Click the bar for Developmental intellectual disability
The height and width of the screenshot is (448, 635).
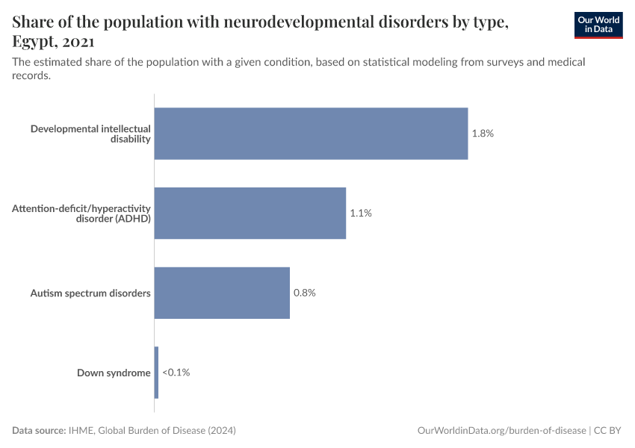[311, 134]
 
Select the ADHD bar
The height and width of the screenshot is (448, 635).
[250, 213]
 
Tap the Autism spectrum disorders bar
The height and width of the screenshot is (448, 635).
[222, 293]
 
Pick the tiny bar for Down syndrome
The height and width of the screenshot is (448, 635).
[156, 372]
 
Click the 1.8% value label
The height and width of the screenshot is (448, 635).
[483, 134]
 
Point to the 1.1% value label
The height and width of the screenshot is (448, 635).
[361, 213]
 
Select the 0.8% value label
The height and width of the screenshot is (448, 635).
[305, 293]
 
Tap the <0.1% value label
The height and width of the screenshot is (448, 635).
[176, 372]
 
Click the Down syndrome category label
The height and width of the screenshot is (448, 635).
[114, 373]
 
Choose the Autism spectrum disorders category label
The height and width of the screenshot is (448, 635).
[90, 293]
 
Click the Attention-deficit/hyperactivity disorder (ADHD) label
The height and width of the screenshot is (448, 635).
[81, 213]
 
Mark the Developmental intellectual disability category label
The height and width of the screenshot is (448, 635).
[90, 134]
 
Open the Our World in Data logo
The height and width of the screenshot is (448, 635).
[598, 25]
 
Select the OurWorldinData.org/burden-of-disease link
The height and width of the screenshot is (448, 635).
[501, 431]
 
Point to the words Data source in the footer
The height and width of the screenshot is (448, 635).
[39, 431]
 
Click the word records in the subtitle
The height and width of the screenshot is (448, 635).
[31, 75]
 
